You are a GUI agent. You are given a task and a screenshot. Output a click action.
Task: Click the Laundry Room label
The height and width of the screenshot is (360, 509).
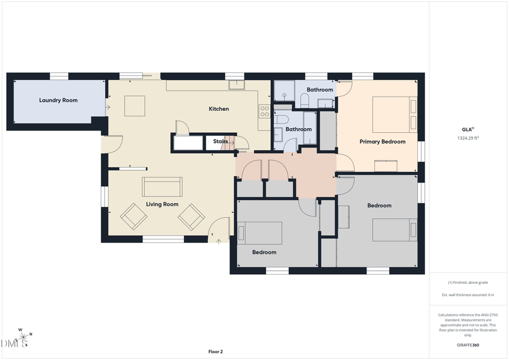coord(58,100)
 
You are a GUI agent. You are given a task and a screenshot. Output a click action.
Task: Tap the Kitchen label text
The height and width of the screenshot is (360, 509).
coord(219,109)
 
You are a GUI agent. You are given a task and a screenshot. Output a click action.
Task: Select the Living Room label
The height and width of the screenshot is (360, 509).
coord(162,204)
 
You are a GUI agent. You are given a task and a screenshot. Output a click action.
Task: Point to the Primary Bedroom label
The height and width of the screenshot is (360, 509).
coord(382,142)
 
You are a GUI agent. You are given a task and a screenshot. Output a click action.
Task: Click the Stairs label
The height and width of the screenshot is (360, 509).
coord(221,141)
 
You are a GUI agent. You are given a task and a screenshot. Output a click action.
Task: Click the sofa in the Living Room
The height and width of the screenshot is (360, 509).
coord(162,186)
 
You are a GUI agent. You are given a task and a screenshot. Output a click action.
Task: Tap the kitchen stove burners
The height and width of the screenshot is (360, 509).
coord(264,111)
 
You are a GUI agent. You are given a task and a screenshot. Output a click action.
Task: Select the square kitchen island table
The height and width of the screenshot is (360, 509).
coord(135,106)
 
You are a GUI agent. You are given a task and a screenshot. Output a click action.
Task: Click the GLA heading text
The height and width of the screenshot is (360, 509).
coord(467,129)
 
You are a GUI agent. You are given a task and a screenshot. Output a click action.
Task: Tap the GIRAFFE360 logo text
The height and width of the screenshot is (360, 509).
coord(468,345)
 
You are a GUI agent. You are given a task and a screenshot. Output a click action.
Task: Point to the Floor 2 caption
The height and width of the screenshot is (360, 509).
coord(215,352)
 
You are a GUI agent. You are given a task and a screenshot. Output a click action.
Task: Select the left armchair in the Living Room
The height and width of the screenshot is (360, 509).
coord(133,216)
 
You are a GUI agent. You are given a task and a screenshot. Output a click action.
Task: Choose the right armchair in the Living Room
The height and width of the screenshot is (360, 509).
coord(191,216)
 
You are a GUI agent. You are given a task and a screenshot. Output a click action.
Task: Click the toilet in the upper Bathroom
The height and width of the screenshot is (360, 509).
coord(304,101)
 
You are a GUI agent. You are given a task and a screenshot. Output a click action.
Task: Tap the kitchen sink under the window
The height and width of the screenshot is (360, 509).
coord(236,85)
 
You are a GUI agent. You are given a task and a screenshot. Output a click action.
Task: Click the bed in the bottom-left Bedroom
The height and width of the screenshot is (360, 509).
coord(260,233)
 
